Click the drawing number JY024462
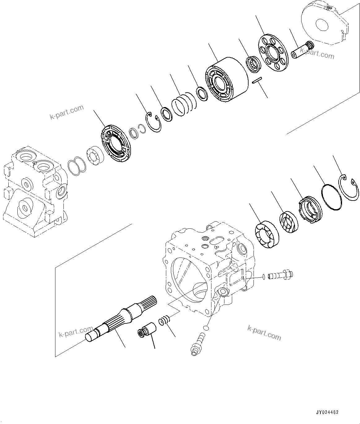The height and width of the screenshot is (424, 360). coord(327,413)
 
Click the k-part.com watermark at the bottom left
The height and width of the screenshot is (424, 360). coord(76,331)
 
